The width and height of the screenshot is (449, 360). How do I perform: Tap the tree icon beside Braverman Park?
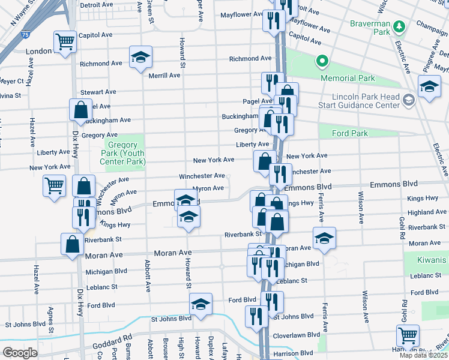pyautogui.click(x=398, y=27)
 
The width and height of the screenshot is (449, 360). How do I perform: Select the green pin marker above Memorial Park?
pyautogui.click(x=322, y=61)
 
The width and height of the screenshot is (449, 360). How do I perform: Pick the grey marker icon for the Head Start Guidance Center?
pyautogui.click(x=409, y=100)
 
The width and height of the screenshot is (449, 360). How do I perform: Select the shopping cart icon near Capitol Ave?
pyautogui.click(x=65, y=41)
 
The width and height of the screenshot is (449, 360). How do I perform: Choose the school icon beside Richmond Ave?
pyautogui.click(x=141, y=57)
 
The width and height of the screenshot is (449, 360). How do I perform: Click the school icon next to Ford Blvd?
pyautogui.click(x=200, y=304)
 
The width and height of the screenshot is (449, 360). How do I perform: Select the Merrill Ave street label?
pyautogui.click(x=164, y=76)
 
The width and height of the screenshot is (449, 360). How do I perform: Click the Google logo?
pyautogui.click(x=20, y=353)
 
